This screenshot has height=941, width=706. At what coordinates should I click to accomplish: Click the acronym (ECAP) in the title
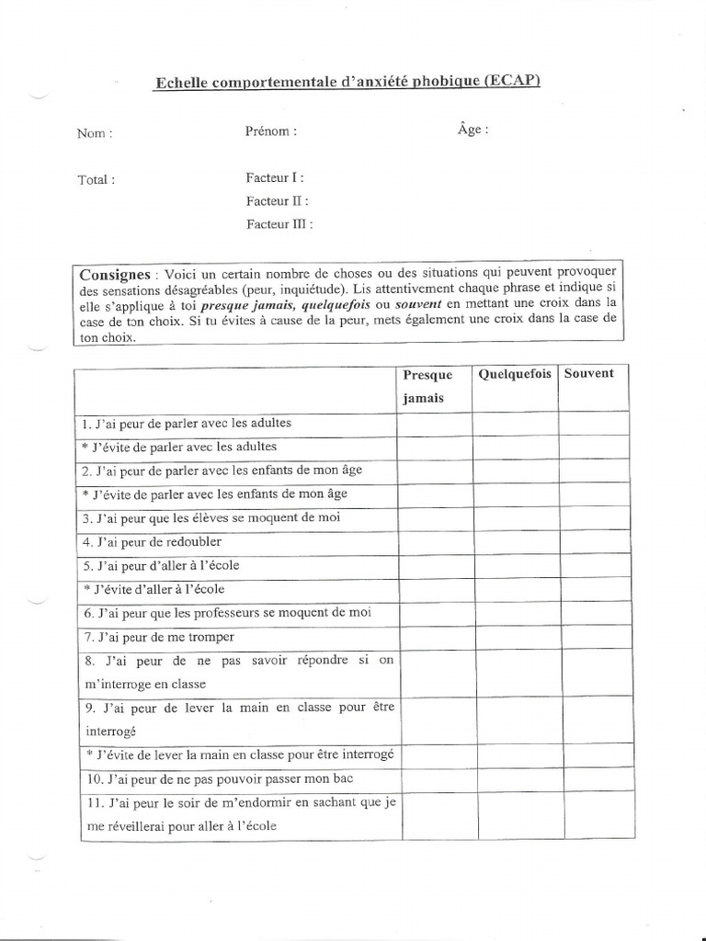509,81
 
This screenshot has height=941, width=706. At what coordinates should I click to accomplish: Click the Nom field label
95,133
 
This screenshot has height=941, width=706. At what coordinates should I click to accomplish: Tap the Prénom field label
271,131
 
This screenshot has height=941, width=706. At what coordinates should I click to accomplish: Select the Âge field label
473,130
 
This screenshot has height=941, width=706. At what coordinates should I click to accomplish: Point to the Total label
97,180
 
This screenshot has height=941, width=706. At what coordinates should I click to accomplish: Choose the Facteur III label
279,223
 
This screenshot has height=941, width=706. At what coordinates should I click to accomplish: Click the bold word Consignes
114,274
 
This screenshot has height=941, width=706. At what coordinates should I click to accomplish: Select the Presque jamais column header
427,386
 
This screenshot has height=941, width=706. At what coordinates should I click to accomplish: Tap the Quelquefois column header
514,374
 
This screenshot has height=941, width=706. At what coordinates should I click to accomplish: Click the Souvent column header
589,374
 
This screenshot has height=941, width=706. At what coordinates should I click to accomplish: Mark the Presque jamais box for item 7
435,637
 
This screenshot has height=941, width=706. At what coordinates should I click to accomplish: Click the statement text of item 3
211,517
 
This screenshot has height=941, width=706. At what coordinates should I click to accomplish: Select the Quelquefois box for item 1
516,423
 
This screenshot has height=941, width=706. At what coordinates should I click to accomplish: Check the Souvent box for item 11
597,815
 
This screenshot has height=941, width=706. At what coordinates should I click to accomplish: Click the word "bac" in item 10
343,779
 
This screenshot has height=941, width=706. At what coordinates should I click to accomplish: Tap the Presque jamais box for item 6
435,613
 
